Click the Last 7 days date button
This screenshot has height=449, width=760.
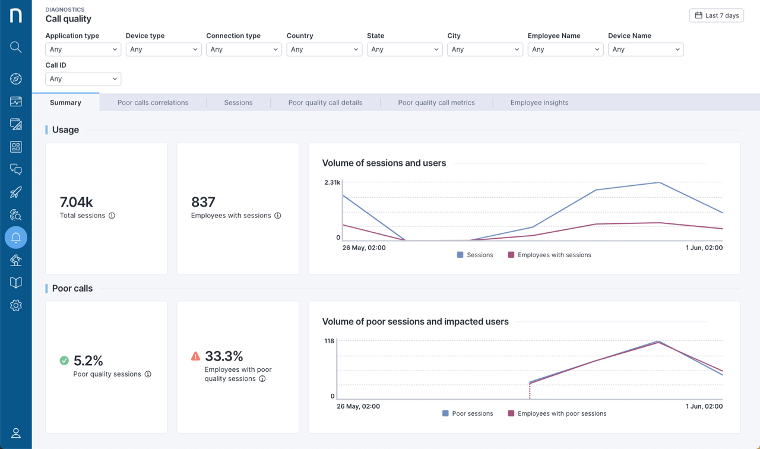coord(716,15)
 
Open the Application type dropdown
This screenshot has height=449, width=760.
coord(83,49)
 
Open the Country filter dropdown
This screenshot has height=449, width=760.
coord(324,49)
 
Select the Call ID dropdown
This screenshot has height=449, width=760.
coord(83,79)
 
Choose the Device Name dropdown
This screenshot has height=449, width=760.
coord(645,49)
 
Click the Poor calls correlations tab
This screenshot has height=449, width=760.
coord(153,103)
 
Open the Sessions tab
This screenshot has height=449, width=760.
coord(238,103)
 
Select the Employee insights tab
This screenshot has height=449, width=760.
coord(539,103)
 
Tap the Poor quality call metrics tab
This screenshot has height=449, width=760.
coord(436,103)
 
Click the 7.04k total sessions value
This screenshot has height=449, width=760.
coord(77,202)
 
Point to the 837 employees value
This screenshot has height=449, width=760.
coord(203,202)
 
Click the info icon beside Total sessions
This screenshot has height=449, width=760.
coord(112,216)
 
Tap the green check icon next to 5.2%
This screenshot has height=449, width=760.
coord(64,361)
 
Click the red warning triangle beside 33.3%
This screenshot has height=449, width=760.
coord(195,356)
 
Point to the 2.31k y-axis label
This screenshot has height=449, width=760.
coord(332,182)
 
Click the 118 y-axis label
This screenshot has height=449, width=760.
coord(329,341)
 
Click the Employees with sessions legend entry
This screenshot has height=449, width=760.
coord(549,255)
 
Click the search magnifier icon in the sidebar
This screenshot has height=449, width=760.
coord(16,47)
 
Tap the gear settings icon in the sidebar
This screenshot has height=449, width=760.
coord(16,305)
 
